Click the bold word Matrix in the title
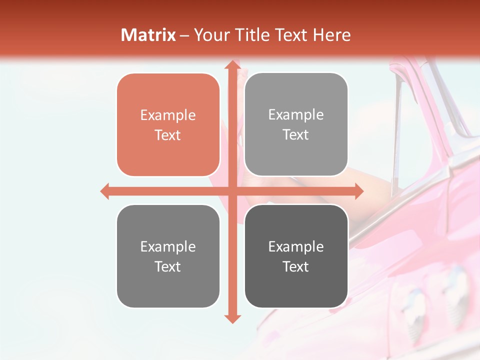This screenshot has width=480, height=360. point(148,35)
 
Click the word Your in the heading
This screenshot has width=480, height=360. point(209,35)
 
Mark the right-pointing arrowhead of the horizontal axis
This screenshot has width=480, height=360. point(358,191)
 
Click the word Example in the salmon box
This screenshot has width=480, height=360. point(168,115)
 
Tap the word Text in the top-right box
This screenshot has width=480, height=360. point(296,135)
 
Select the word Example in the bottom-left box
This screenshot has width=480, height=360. point(168,246)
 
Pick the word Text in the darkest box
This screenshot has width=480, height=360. point(296,266)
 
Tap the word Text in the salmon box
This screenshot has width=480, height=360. point(168,135)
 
